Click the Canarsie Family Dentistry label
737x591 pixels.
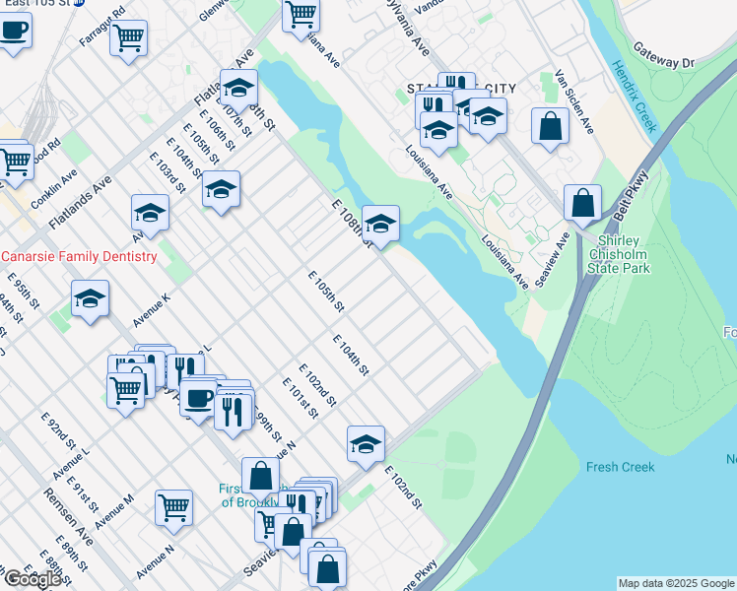point(79,256)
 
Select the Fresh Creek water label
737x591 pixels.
point(621,467)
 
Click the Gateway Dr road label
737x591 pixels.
point(663,55)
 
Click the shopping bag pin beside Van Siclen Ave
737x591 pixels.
point(550,126)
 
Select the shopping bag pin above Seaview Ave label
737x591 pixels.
point(582,203)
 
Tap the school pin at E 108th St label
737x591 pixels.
point(380,223)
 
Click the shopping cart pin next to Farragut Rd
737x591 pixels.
point(128,38)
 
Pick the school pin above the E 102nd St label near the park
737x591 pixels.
point(366,443)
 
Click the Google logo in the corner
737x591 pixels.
point(32,578)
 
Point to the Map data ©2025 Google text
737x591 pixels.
point(676,583)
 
